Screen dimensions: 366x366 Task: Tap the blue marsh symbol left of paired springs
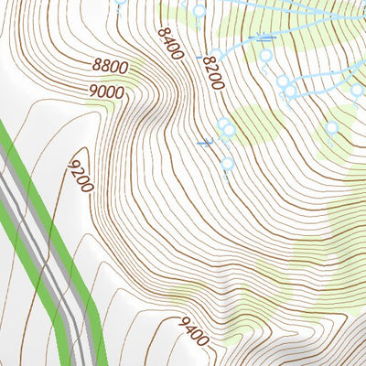[206, 142]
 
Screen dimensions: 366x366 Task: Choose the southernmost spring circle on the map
[227, 165]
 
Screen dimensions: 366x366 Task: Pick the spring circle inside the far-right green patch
[332, 128]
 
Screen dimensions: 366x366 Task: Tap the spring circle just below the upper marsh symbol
[266, 56]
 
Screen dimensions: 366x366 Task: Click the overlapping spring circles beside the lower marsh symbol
[225, 128]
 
